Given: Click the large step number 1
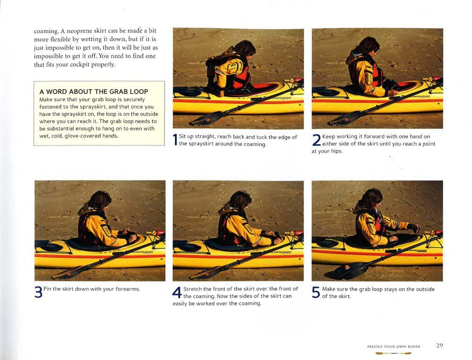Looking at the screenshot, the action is (175, 140).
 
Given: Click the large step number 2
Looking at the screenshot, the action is (316, 140).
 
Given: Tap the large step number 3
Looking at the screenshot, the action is (38, 292).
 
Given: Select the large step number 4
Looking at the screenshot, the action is (177, 292).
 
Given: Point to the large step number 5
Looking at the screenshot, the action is (316, 292).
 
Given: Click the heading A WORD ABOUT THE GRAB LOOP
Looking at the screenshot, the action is (93, 92).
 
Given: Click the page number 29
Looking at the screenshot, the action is (439, 345).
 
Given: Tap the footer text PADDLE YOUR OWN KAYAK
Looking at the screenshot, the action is (394, 346).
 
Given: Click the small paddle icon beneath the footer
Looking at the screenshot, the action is (393, 353).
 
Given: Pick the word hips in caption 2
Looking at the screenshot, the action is (337, 151).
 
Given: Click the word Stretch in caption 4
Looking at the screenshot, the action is (193, 289).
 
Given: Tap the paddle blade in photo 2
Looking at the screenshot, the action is (345, 118).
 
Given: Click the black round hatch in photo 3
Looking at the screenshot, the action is (51, 247).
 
